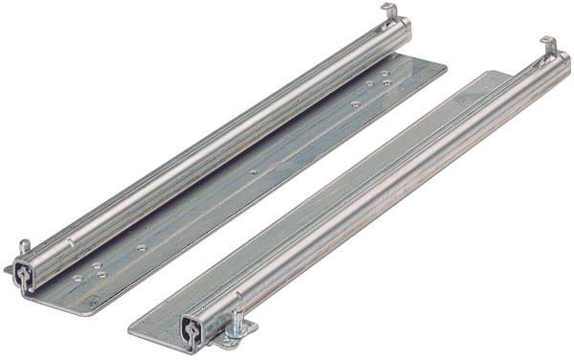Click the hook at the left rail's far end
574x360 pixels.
[x=390, y=11]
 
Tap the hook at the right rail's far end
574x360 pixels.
[x=548, y=46]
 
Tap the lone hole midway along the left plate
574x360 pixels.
[x=254, y=173]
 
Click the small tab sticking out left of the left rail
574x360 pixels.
[x=9, y=271]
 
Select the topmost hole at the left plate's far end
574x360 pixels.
[x=384, y=71]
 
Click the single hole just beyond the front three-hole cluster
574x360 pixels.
[x=141, y=248]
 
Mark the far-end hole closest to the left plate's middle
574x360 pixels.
[x=355, y=102]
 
